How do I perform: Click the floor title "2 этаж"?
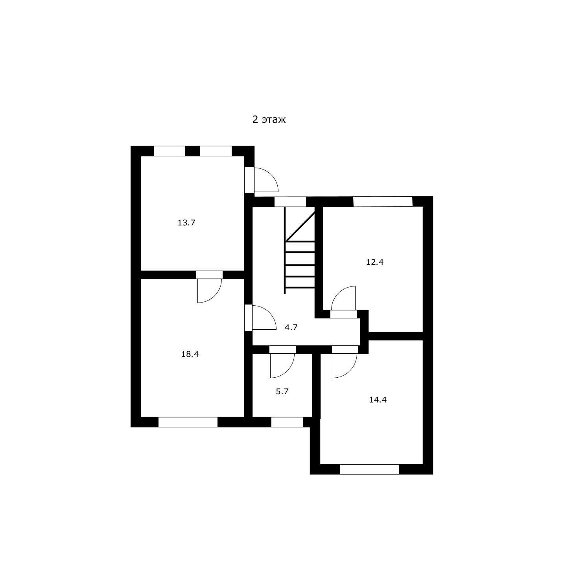coord(269,119)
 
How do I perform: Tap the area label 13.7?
coord(186,223)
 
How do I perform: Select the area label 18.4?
coord(190,354)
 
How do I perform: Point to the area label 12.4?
coord(374,262)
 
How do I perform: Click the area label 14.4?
coord(378,400)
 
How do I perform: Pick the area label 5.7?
coord(282,391)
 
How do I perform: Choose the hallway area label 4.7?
coord(291,327)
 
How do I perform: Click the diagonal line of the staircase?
coord(300,226)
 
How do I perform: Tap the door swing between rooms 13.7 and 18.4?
coord(210,291)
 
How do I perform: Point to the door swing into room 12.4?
coord(343,298)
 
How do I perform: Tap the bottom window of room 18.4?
coord(188,422)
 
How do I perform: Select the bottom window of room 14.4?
coord(370,469)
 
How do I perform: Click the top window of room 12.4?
coord(383,201)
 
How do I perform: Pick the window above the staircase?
coord(290,202)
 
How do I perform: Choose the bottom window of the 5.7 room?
coord(287,422)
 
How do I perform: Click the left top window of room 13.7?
coord(170,151)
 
